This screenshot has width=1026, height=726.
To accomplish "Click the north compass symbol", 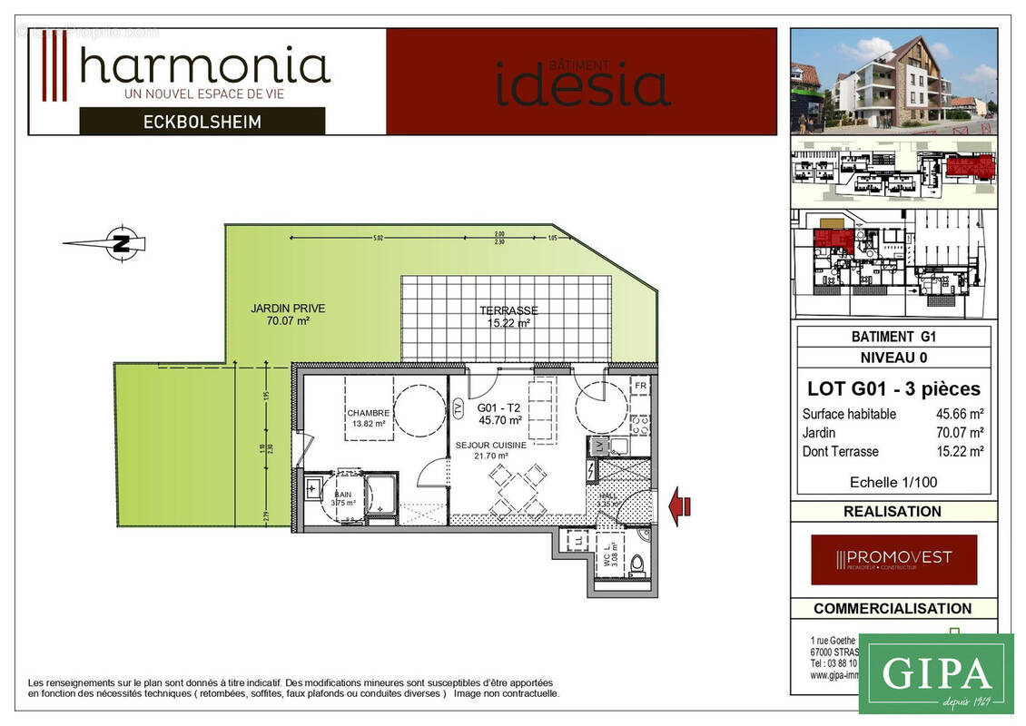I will (121, 242).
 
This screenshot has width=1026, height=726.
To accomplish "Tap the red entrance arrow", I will (679, 505).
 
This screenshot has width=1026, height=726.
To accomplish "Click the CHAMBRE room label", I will (368, 414).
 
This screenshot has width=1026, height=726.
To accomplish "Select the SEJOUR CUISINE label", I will (491, 446).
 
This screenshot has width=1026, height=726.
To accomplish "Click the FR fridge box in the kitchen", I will (640, 385).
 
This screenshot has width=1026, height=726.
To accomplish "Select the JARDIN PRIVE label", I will (288, 314).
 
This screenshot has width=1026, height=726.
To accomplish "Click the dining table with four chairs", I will (516, 491).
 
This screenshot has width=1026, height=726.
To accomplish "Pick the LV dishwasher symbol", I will (598, 446).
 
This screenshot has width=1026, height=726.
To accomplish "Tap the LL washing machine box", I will (578, 542).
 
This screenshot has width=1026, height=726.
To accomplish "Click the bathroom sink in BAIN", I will (315, 489).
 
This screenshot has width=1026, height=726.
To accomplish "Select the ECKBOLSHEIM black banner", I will (202, 121).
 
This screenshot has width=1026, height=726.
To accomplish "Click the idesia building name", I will (582, 83).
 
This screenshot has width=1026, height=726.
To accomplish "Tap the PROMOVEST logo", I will (893, 559).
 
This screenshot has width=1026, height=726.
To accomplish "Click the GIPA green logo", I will (935, 673).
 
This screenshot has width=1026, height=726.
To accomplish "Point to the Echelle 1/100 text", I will (893, 482).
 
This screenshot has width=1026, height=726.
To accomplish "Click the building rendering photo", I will (893, 81).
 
